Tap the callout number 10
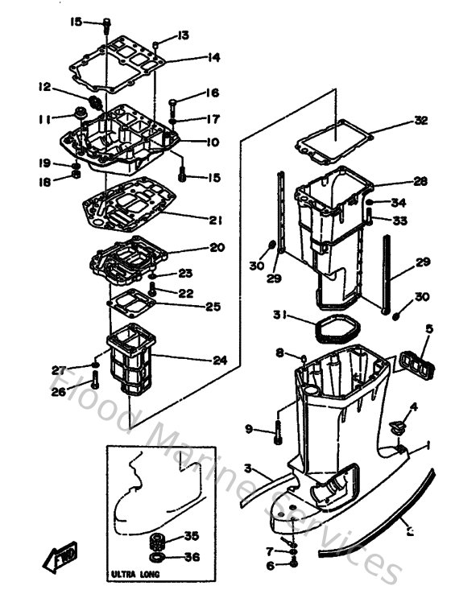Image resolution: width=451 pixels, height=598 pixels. tap(213, 142)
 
